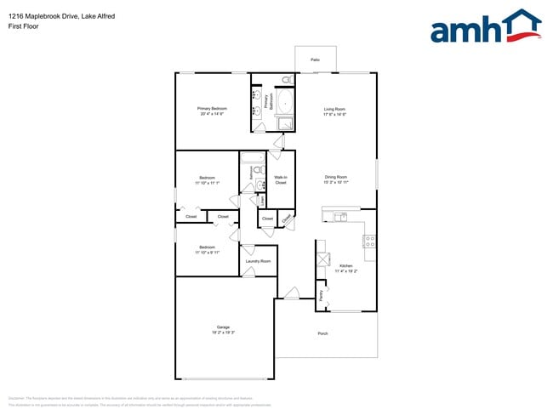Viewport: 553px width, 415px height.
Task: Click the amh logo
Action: (x=486, y=27)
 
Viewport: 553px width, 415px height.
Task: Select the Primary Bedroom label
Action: (x=212, y=109)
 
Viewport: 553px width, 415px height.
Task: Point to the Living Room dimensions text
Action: (x=334, y=115)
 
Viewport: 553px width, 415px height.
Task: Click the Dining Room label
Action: (x=336, y=177)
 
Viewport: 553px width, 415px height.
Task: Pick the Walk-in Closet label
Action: (x=280, y=180)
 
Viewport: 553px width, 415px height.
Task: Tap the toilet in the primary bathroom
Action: (x=286, y=80)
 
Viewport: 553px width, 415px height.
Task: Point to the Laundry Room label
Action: (x=258, y=261)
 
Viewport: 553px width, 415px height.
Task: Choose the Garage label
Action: (x=223, y=327)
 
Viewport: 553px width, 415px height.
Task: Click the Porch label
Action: (x=322, y=333)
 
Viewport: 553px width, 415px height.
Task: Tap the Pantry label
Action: (x=321, y=294)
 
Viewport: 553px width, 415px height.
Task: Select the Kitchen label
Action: (x=346, y=266)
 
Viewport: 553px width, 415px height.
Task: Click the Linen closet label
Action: (x=262, y=201)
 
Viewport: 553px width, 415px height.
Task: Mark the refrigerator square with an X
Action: (x=322, y=260)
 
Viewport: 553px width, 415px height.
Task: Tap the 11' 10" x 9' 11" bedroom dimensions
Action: (x=208, y=253)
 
